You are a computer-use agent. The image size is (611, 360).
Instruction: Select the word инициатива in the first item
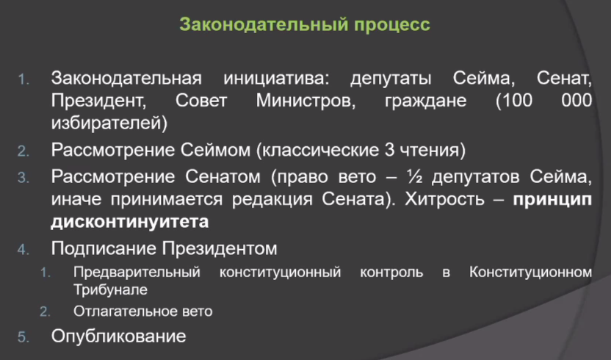[x=276, y=79]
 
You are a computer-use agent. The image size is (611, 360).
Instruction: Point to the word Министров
[x=305, y=101]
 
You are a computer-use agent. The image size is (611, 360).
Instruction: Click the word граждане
[x=425, y=101]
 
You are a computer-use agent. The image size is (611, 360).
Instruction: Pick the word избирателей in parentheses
[x=109, y=123]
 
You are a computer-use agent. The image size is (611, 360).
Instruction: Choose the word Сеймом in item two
[x=215, y=150]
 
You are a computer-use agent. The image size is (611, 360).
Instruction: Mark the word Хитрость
[x=444, y=199]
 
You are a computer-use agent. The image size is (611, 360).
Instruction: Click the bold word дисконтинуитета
[x=130, y=222]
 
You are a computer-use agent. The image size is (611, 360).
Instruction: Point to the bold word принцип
[x=552, y=200]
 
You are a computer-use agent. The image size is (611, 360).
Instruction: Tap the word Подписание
[x=104, y=249]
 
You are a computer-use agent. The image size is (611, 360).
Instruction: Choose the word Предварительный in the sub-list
[x=137, y=273]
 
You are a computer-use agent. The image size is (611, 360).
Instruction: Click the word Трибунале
[x=110, y=289]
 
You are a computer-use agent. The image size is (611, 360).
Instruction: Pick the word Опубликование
[x=118, y=336]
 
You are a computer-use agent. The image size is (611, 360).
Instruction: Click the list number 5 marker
[x=23, y=337]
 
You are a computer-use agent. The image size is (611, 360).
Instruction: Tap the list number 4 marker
[x=23, y=250]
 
